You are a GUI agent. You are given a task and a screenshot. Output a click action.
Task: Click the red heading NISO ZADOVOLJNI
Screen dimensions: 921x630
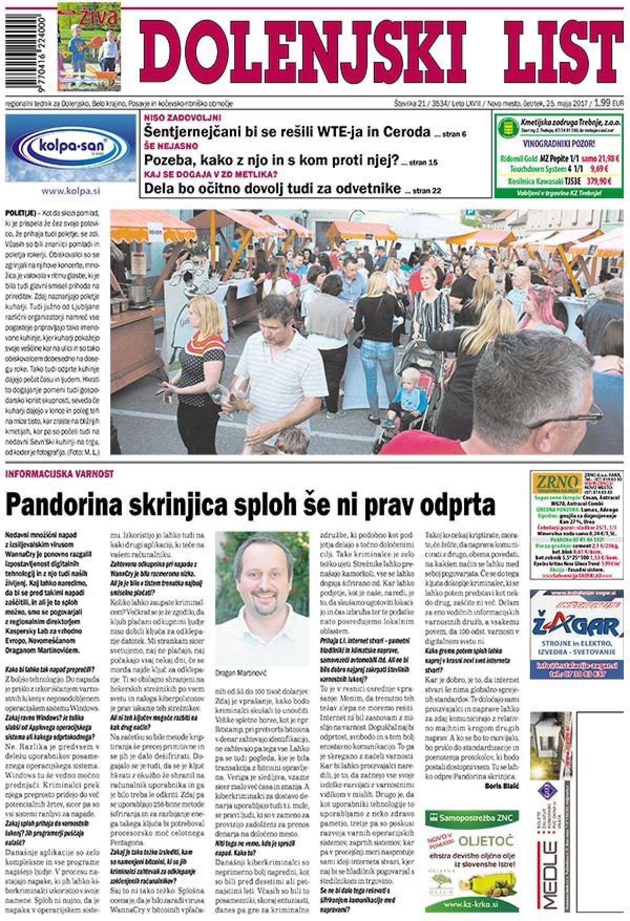(x=182, y=118)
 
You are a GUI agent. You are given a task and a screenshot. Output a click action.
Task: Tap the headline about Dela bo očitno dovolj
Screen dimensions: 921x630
(x=272, y=188)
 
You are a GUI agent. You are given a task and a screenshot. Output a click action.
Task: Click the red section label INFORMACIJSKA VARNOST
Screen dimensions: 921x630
(x=59, y=474)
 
